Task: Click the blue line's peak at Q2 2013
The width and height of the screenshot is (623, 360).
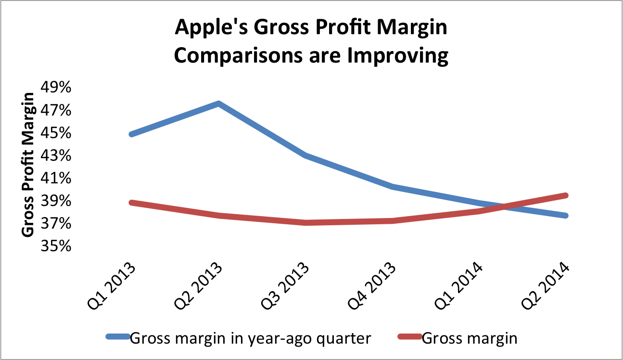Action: (x=218, y=103)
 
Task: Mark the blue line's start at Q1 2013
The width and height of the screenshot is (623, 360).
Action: (x=131, y=134)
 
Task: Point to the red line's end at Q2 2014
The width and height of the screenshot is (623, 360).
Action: (x=566, y=195)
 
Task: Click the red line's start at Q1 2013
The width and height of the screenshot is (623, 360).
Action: (x=131, y=203)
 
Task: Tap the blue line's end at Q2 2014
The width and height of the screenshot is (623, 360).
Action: (x=566, y=215)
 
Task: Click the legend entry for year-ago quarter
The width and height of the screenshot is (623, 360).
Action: (x=250, y=338)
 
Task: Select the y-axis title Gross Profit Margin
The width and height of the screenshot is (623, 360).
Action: (x=28, y=165)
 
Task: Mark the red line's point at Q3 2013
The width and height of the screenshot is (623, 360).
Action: (x=306, y=222)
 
